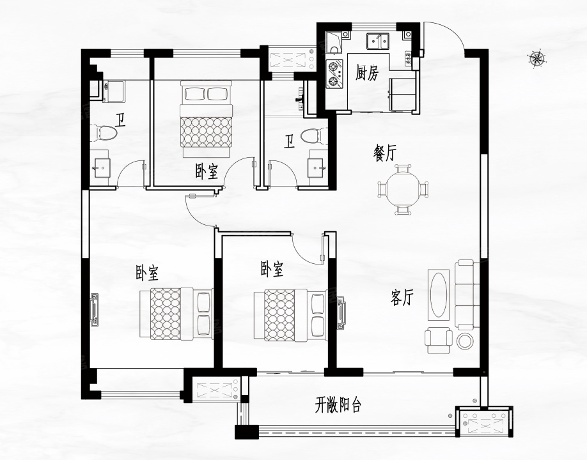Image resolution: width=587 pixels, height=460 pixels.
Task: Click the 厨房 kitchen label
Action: click(x=367, y=73)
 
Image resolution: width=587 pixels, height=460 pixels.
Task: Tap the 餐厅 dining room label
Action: click(x=384, y=153)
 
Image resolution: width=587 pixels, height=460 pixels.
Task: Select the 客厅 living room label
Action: click(x=402, y=298)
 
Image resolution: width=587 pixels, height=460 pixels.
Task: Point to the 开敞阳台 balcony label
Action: click(x=338, y=404)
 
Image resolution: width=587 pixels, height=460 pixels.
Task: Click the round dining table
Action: click(x=403, y=190)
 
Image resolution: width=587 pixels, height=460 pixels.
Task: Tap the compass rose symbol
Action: click(x=537, y=58)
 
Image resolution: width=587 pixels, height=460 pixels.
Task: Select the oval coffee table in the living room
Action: click(x=439, y=295)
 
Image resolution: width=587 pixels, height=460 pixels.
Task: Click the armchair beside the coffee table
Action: click(x=439, y=340)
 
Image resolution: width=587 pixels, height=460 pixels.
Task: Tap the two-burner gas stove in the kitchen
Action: click(x=334, y=74)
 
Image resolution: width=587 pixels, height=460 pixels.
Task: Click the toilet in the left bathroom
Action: click(x=104, y=134)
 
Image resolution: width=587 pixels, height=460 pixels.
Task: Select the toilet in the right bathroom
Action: click(x=314, y=135)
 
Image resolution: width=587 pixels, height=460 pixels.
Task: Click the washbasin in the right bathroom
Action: click(x=317, y=167)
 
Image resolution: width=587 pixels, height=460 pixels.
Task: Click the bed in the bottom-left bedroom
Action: click(x=176, y=314)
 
